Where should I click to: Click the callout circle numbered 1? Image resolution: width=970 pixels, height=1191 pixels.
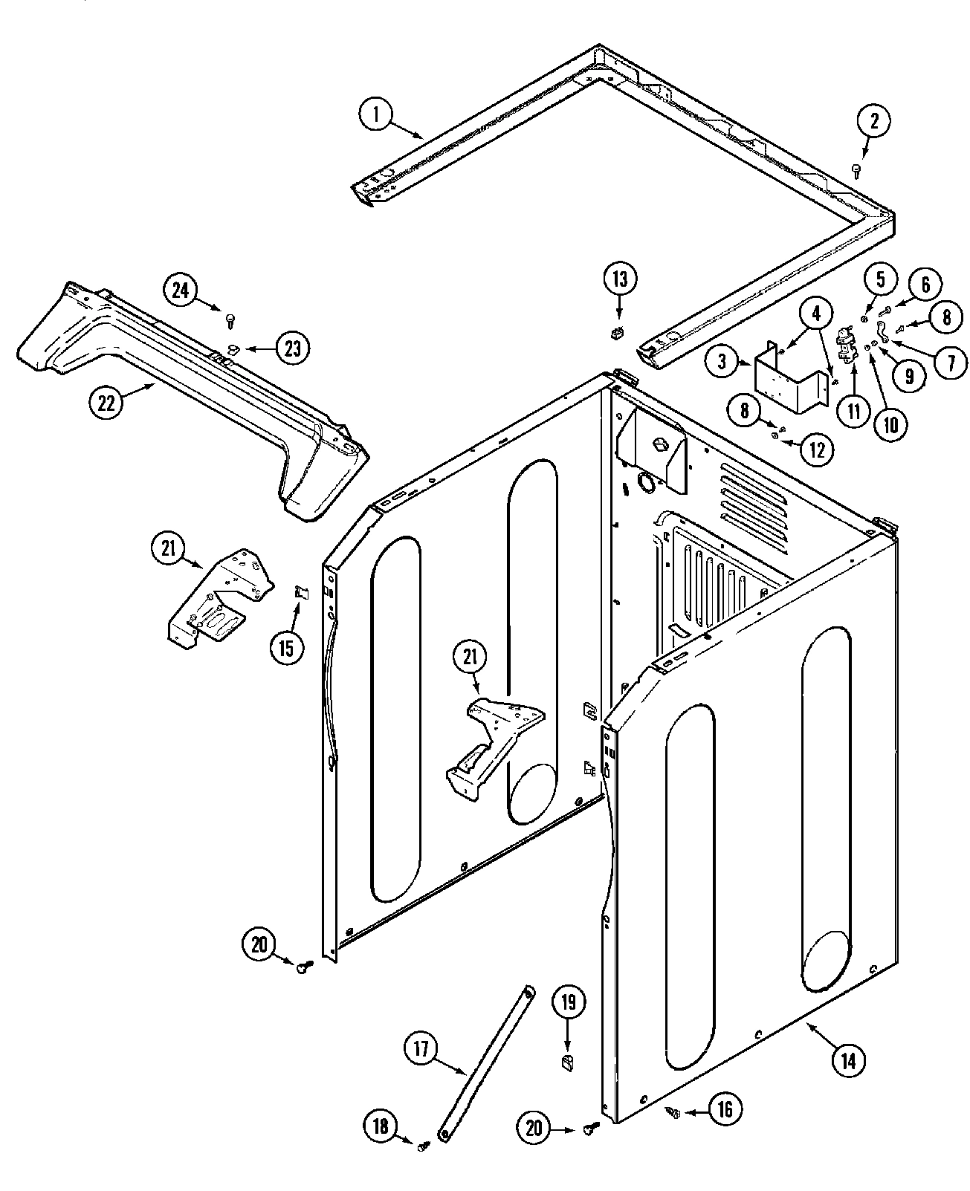tap(376, 115)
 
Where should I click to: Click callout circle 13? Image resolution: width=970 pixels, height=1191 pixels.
tap(620, 279)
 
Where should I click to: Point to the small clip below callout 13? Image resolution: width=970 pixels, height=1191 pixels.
tap(615, 334)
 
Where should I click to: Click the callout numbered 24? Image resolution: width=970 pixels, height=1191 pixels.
tap(181, 291)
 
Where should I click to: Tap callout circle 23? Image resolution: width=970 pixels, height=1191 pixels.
tap(293, 348)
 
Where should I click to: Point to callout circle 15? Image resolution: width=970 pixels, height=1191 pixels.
tap(287, 646)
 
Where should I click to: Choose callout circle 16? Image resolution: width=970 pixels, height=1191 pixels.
tap(724, 1110)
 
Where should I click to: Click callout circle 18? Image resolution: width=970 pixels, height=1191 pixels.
tap(381, 1127)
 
